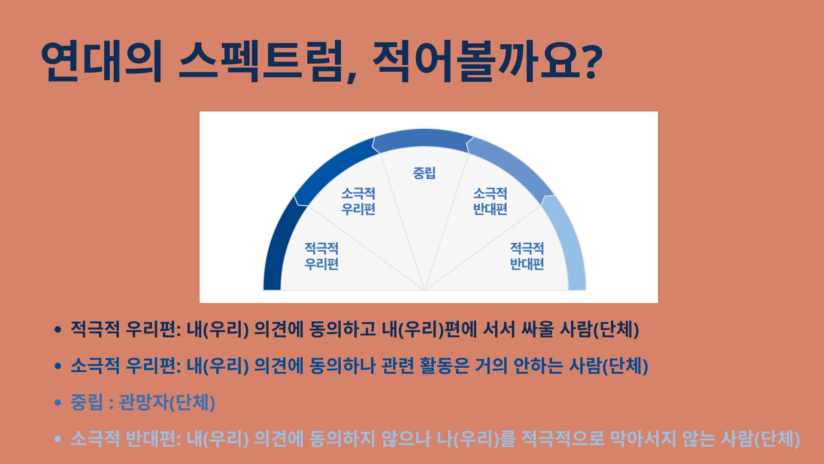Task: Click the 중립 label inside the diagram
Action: pyautogui.click(x=424, y=173)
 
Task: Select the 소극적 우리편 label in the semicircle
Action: pyautogui.click(x=358, y=201)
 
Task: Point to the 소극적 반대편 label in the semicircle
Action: pyautogui.click(x=490, y=201)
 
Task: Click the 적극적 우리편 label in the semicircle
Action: pyautogui.click(x=321, y=256)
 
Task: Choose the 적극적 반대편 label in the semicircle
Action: pyautogui.click(x=527, y=256)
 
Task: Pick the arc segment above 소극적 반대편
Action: pyautogui.click(x=513, y=165)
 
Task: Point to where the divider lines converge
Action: pyautogui.click(x=424, y=290)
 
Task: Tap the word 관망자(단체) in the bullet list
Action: pyautogui.click(x=167, y=403)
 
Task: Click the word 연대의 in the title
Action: pyautogui.click(x=102, y=61)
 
